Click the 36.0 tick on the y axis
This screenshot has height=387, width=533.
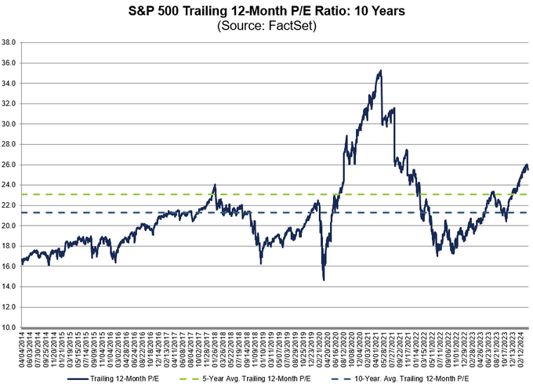point(10,63)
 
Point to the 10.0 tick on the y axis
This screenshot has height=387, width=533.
point(10,327)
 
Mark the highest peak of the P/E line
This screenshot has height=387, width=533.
point(381,71)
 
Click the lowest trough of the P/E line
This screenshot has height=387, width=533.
point(324,280)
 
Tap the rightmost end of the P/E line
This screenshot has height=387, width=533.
point(528,170)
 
